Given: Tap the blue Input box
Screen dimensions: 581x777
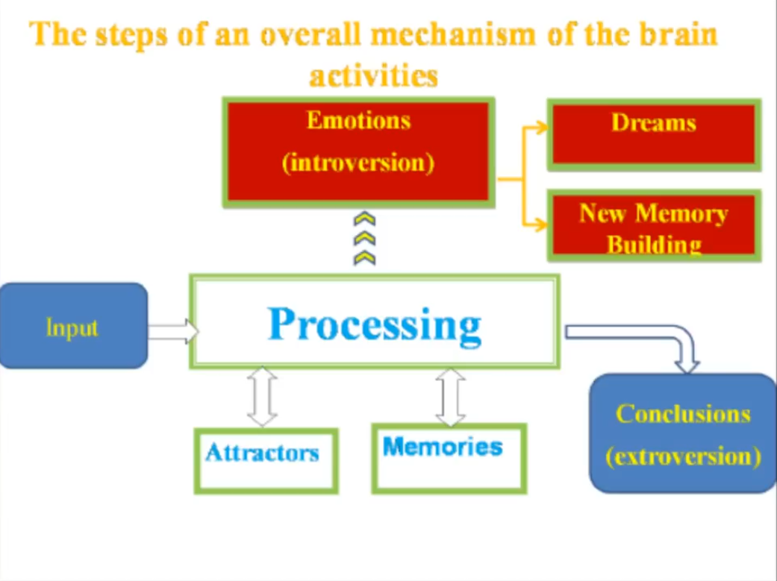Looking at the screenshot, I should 72,327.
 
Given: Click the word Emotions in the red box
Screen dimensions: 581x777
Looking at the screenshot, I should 358,121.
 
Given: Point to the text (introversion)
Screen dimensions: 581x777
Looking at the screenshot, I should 358,163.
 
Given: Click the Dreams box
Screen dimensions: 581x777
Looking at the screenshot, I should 654,134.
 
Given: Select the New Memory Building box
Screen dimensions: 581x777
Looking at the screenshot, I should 654,225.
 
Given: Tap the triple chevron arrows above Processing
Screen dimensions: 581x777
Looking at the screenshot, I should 364,239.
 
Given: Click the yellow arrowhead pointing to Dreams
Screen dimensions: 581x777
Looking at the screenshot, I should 542,128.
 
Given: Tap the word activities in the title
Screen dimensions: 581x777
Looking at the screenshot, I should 373,75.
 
